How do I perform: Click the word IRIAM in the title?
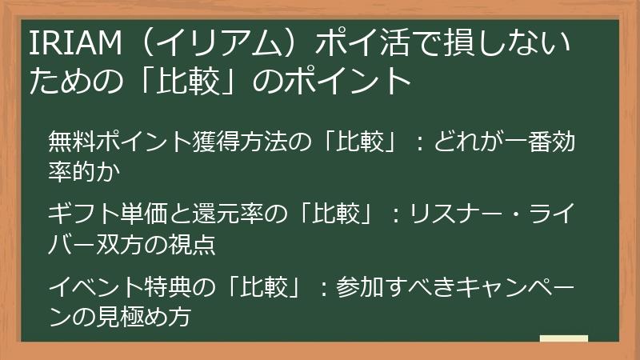(68, 43)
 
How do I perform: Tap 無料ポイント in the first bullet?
(103, 143)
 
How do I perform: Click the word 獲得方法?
(227, 143)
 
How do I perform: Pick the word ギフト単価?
(98, 216)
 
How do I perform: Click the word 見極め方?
(151, 314)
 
